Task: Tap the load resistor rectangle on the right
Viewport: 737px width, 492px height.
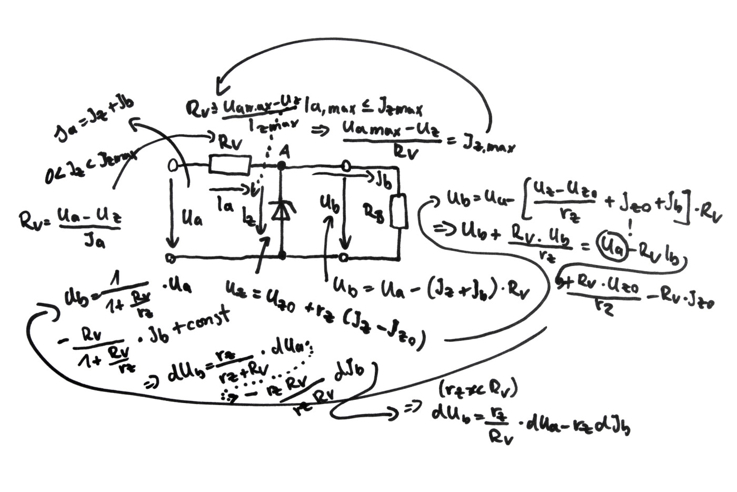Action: click(x=399, y=211)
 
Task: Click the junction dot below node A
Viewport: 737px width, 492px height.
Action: click(x=282, y=166)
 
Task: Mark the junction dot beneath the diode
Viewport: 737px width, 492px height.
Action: click(x=282, y=256)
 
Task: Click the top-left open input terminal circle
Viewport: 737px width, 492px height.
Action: click(x=172, y=165)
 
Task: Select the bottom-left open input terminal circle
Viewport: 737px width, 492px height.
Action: click(x=171, y=258)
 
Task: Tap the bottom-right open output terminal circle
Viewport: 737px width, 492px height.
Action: click(x=344, y=257)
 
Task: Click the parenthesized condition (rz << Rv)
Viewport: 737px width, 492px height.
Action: click(x=477, y=389)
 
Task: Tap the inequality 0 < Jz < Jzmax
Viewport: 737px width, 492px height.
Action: click(x=91, y=163)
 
